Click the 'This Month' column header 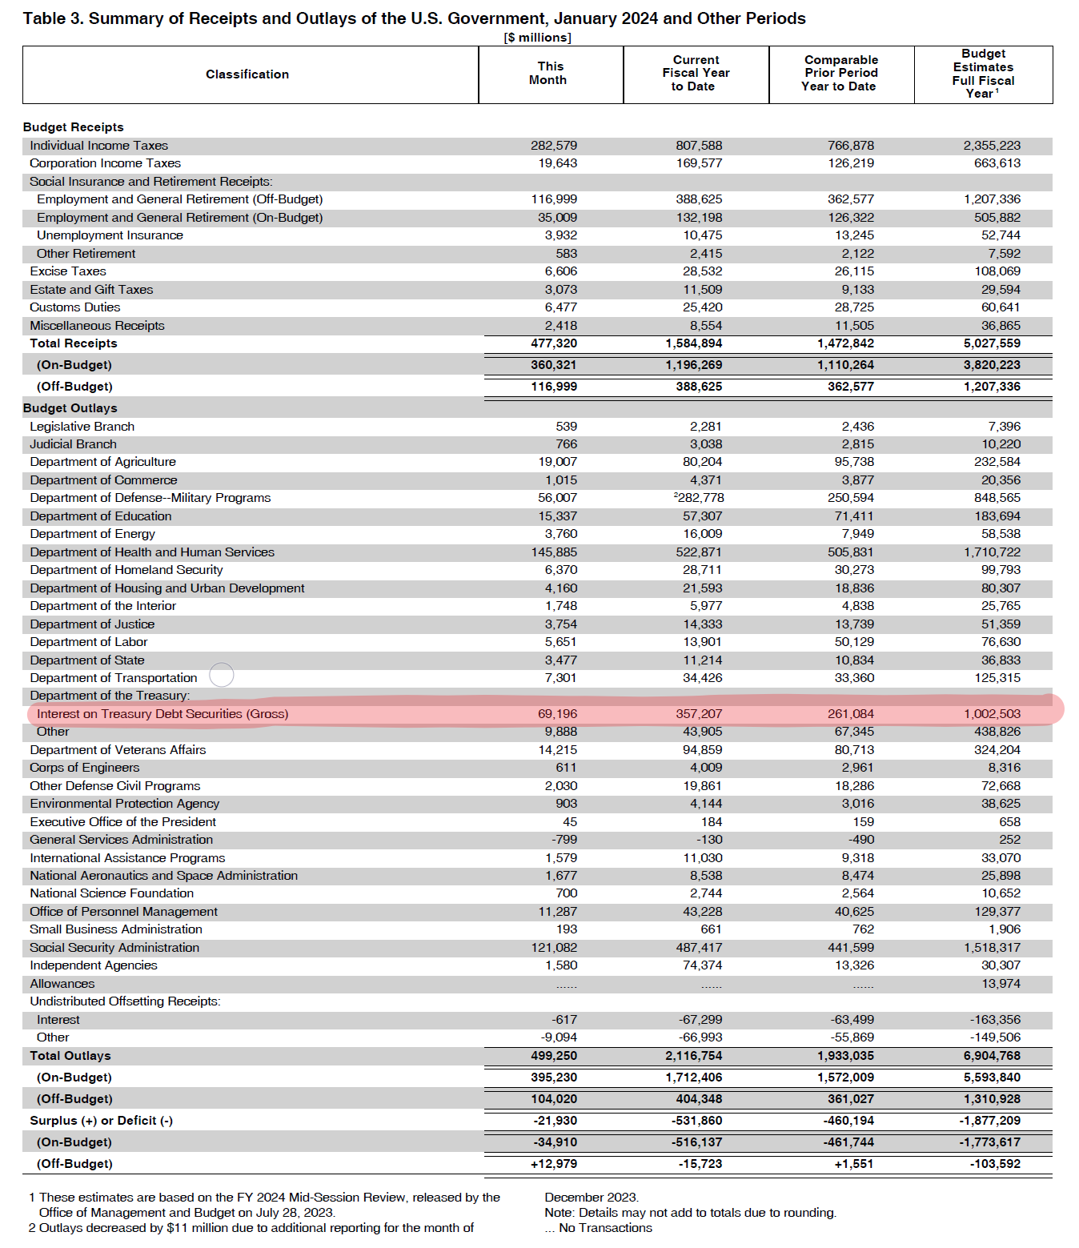coord(549,74)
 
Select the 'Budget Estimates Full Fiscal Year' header coord(983,74)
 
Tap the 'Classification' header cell coord(247,74)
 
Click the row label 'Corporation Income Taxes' coord(105,163)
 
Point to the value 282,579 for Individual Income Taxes coord(554,146)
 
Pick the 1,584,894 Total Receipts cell coord(693,343)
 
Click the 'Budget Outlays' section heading coord(70,408)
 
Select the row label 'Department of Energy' coord(93,534)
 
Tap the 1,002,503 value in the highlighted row coord(992,714)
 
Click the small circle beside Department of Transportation coord(222,675)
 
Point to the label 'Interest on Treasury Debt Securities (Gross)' coord(162,714)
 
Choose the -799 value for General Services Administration coord(564,840)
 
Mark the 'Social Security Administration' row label coord(114,948)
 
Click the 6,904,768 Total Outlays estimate coord(992,1056)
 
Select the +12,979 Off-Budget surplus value coord(554,1164)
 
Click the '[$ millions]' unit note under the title coord(537,38)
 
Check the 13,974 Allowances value coord(1001,984)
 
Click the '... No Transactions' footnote coord(598,1228)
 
